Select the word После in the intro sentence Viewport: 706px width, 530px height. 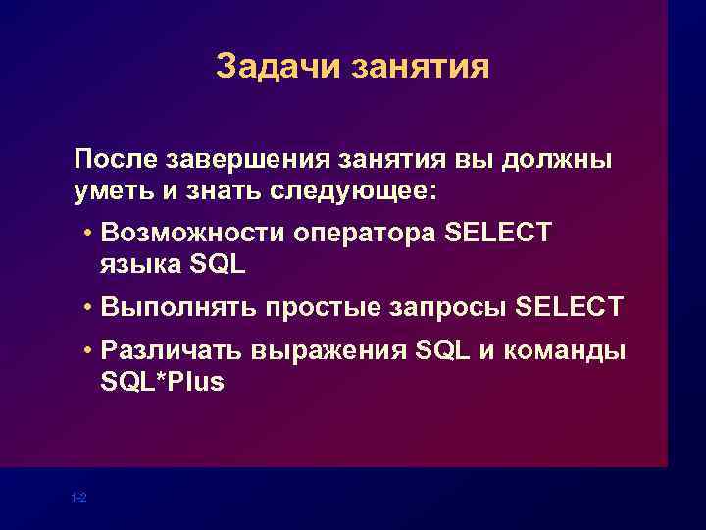tap(114, 158)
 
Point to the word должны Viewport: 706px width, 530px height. tap(563, 158)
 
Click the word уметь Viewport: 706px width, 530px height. tap(112, 188)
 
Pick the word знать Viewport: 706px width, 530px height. tap(213, 188)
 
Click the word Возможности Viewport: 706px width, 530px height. tap(192, 234)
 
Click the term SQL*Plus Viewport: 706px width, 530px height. tap(162, 382)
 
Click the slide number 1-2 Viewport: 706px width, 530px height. tap(79, 498)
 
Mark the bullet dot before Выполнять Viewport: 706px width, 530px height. tap(88, 307)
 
